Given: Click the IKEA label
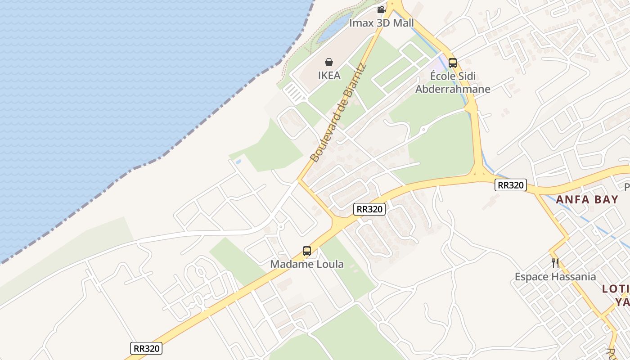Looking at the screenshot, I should [329, 76].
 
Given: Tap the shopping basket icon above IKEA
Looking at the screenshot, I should [329, 62].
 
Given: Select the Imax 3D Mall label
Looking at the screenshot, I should [381, 23].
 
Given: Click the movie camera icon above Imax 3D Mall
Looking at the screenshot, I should [381, 9].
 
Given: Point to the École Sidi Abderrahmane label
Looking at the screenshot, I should [452, 82].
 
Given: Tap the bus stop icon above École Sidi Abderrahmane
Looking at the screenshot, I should [452, 63].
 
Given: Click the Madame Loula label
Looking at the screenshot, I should [306, 264].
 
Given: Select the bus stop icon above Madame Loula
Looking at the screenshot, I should [306, 251].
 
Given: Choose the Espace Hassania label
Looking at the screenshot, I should [555, 277].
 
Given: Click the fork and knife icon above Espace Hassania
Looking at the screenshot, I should [555, 263].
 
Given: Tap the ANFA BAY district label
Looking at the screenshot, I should [587, 199].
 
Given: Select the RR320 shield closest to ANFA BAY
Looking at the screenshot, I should [510, 185].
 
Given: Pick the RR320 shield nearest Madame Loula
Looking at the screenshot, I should [369, 209].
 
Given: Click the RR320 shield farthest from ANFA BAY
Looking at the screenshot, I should [146, 348].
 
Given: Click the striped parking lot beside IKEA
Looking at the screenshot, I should [295, 92].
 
